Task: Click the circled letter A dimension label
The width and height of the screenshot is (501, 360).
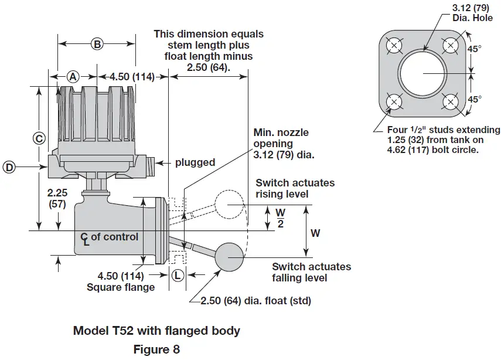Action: click(x=73, y=76)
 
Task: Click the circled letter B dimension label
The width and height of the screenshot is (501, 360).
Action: click(x=97, y=43)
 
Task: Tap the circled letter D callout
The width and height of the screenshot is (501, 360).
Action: click(x=9, y=167)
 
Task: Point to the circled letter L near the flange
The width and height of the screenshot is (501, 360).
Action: click(x=178, y=274)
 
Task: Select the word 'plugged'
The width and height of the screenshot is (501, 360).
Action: click(x=195, y=162)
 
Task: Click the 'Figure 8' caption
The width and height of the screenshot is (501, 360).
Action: click(x=156, y=349)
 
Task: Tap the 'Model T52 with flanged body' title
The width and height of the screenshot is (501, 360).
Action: click(x=156, y=331)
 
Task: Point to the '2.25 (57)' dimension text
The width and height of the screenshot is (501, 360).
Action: click(x=58, y=198)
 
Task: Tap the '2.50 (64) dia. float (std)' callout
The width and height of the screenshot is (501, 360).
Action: click(x=255, y=301)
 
